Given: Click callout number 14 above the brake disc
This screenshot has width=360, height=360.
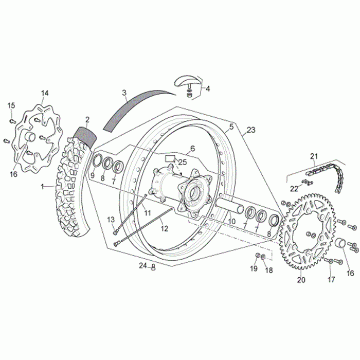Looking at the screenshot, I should click(x=45, y=93).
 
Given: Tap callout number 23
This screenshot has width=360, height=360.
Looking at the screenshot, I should click(x=251, y=131).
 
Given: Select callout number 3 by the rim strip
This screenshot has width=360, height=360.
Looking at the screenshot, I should click(x=124, y=93).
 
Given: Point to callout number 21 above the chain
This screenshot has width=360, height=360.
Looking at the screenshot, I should click(x=314, y=156).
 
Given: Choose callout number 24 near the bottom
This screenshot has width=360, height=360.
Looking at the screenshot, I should click(x=142, y=266).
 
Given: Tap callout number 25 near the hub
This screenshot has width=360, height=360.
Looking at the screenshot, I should click(x=182, y=162).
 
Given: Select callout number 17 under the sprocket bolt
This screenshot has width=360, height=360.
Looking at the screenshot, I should click(x=331, y=280).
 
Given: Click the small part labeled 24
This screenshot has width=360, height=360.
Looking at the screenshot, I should click(x=153, y=266).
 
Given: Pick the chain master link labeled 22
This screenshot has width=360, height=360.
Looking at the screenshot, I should click(x=308, y=181).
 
